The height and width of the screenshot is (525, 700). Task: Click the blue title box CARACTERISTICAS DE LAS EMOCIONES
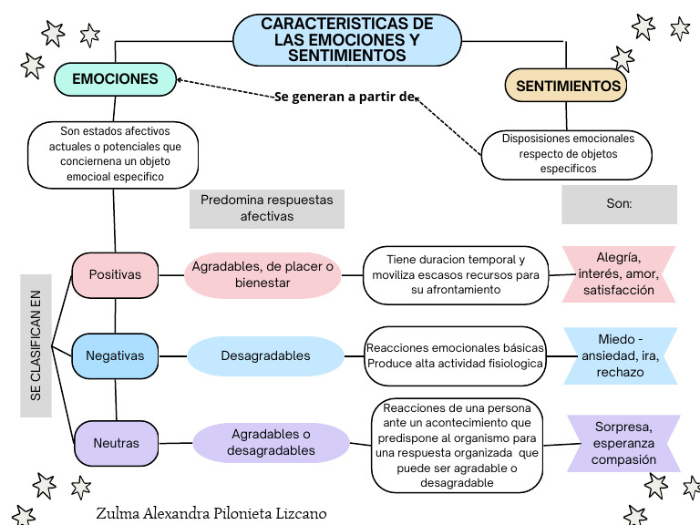[x=347, y=39]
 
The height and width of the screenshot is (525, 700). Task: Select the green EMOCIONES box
[x=115, y=80]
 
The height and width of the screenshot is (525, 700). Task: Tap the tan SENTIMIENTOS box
[x=568, y=87]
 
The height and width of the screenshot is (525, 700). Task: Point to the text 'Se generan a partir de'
[x=345, y=97]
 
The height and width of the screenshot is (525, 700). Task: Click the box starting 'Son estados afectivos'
[x=114, y=154]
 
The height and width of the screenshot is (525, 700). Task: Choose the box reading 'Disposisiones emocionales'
[x=567, y=154]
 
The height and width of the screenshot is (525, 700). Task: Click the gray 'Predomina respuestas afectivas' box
[x=266, y=208]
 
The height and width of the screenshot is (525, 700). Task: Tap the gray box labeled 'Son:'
[x=619, y=204]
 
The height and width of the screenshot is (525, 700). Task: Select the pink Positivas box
[x=115, y=274]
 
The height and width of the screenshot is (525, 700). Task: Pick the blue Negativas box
[x=115, y=355]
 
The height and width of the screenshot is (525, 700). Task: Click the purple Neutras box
[x=116, y=443]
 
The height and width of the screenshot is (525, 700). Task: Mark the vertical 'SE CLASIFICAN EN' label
[x=36, y=346]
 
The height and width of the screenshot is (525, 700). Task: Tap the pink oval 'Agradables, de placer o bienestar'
[x=262, y=274]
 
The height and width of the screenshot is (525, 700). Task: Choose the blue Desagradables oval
[x=265, y=355]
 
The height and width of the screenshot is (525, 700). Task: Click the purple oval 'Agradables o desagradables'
[x=271, y=442]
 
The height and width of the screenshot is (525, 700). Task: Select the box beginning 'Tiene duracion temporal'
[x=456, y=274]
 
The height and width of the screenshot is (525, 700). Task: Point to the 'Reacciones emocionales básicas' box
[x=456, y=355]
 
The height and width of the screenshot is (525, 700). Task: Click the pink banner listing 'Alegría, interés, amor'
[x=619, y=273]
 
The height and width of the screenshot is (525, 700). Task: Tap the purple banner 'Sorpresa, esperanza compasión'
[x=624, y=443]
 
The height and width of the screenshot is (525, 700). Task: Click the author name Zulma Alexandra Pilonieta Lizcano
[x=211, y=513]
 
